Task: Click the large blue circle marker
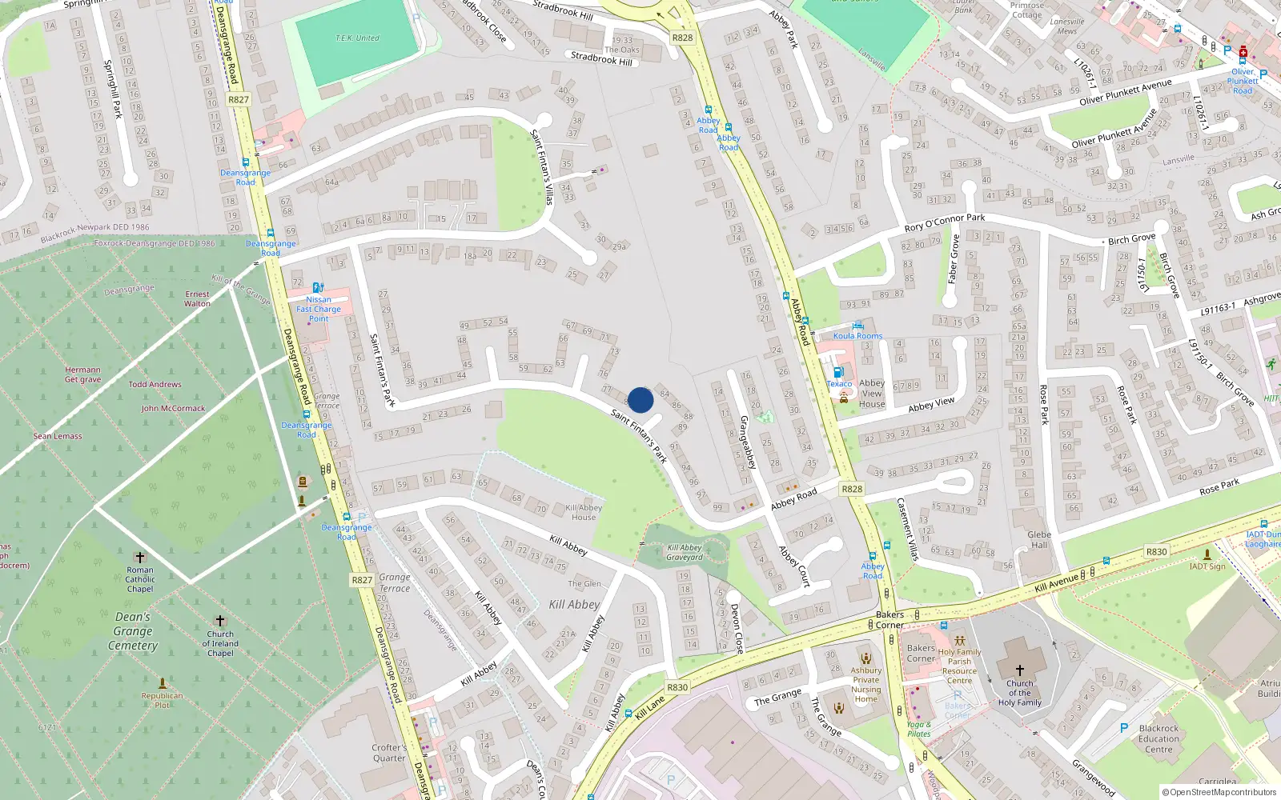640,400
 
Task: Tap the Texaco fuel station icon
838,372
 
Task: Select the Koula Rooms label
857,336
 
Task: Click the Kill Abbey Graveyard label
685,553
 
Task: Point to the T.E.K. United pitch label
357,38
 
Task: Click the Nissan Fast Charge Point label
319,309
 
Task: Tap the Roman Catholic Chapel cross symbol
140,558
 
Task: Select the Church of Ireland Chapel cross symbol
220,621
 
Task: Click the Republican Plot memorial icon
163,683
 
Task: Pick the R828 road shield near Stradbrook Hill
682,38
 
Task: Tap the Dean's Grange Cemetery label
133,631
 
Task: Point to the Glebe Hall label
1039,540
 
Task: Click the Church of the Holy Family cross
1019,670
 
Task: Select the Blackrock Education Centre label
1159,738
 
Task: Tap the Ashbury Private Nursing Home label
865,685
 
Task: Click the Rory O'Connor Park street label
945,222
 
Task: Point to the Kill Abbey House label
584,512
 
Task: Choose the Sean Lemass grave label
58,436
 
